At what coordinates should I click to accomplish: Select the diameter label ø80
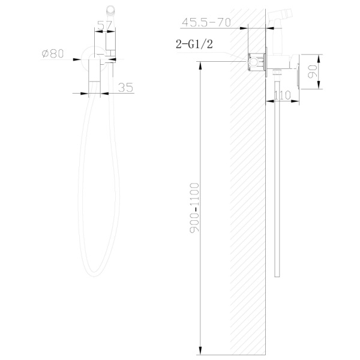tap(53, 53)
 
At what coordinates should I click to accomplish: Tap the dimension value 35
tap(125, 87)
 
